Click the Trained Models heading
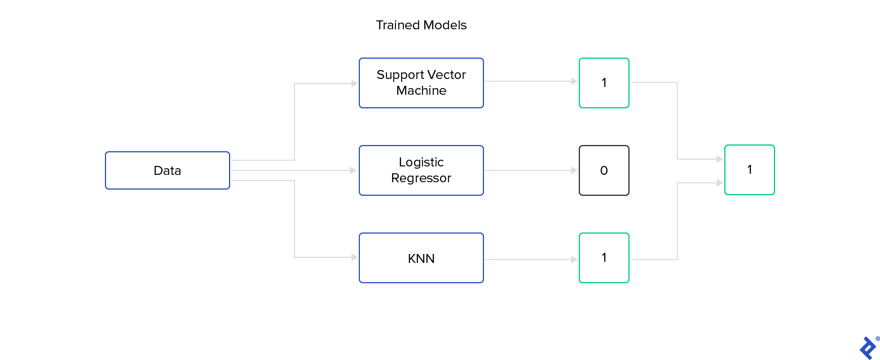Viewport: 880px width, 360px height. point(421,25)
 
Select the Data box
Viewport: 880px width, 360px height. point(168,170)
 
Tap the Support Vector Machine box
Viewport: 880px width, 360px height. point(421,83)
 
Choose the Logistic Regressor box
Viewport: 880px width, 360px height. point(421,170)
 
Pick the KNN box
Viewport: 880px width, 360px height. point(421,258)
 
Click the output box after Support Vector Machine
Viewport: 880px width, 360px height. point(604,83)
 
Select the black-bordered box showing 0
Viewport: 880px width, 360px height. point(604,170)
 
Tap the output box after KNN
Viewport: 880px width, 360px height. point(604,258)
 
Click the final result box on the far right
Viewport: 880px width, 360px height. point(749,170)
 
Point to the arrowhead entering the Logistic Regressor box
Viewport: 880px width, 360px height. point(354,170)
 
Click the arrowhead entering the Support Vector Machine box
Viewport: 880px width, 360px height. point(354,84)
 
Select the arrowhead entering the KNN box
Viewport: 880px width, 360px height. point(354,257)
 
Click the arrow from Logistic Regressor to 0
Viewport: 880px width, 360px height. point(530,170)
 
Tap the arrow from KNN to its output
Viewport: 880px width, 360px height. point(530,260)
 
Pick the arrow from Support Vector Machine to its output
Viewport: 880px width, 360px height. point(530,81)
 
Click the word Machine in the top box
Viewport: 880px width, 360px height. point(421,91)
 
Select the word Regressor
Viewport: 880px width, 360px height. point(421,178)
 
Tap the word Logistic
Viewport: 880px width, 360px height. point(421,163)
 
